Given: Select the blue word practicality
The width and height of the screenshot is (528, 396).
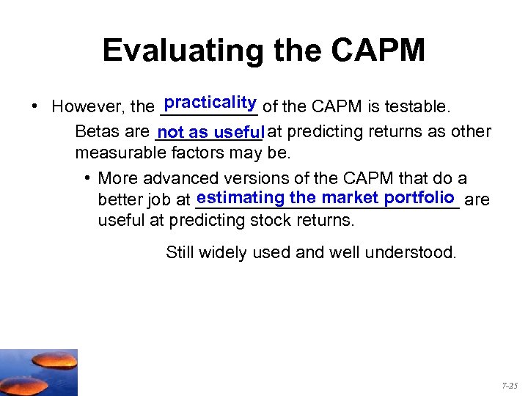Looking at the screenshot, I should (x=210, y=101).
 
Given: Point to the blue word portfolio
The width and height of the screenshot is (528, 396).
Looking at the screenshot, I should (x=420, y=197).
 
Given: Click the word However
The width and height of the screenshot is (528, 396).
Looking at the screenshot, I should (x=88, y=107).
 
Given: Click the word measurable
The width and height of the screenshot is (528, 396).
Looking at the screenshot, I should (x=120, y=153).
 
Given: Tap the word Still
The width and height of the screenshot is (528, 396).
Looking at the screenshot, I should (x=180, y=253).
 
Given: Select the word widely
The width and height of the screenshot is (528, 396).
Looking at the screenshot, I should (x=223, y=253).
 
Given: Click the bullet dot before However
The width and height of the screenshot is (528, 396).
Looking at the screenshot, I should (x=34, y=107).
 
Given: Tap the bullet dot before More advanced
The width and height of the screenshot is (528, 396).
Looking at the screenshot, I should (x=87, y=178).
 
